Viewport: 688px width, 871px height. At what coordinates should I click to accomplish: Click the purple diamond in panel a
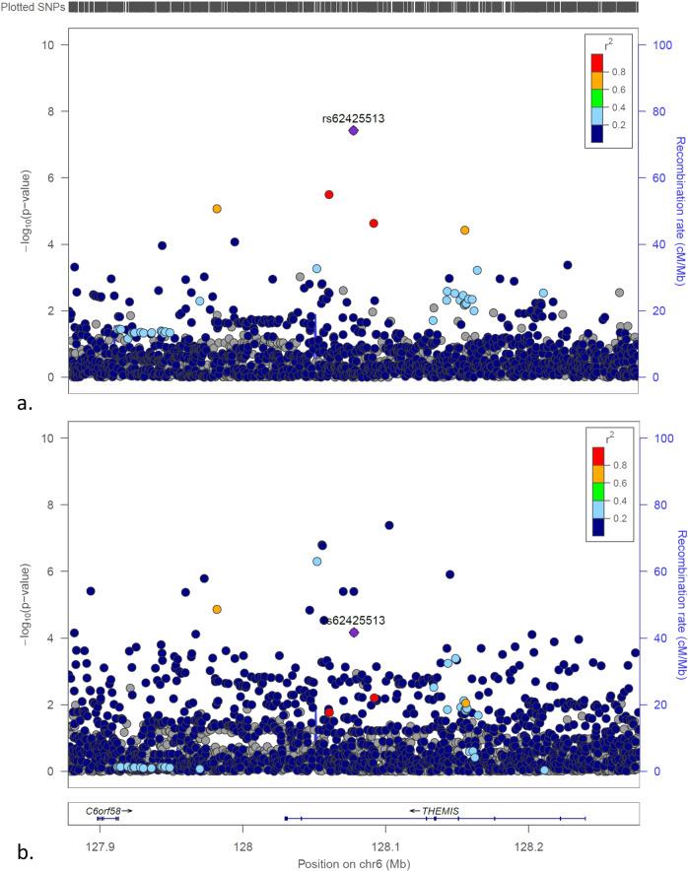click(353, 131)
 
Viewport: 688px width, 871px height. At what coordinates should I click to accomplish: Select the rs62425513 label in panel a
click(353, 118)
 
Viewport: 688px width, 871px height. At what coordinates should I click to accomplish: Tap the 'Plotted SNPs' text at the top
click(33, 7)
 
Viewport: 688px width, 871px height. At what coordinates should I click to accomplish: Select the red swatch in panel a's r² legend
click(597, 61)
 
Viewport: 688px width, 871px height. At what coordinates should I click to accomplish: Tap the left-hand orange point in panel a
click(217, 209)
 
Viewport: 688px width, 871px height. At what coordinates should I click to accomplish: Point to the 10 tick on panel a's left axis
click(59, 45)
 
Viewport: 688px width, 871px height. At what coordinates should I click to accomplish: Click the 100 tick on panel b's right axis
click(653, 436)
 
